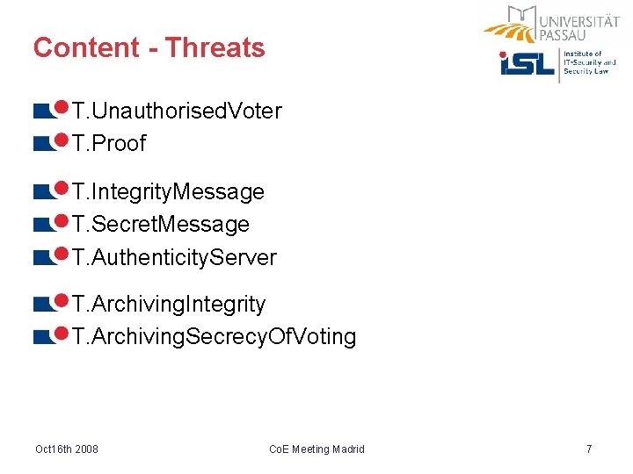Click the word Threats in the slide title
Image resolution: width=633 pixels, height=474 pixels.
pyautogui.click(x=215, y=47)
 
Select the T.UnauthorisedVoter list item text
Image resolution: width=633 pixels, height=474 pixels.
pyautogui.click(x=177, y=111)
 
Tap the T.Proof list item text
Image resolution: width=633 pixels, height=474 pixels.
pyautogui.click(x=109, y=143)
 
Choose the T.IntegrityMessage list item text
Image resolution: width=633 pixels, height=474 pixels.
pyautogui.click(x=168, y=192)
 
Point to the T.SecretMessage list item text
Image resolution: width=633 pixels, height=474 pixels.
pyautogui.click(x=161, y=225)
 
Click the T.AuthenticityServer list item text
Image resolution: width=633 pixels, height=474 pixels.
pyautogui.click(x=174, y=257)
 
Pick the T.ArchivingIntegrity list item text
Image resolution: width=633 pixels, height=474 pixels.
pyautogui.click(x=169, y=305)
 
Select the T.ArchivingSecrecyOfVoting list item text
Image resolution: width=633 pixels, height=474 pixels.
pyautogui.click(x=214, y=337)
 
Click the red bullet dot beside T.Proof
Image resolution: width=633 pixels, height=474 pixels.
pyautogui.click(x=62, y=140)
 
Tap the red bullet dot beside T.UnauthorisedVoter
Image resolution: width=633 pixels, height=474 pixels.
pyautogui.click(x=62, y=107)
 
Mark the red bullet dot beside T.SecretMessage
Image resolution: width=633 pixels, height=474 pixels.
pyautogui.click(x=62, y=220)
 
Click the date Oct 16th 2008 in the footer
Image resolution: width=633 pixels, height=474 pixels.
pyautogui.click(x=67, y=449)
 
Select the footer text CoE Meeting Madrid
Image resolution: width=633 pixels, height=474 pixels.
pyautogui.click(x=316, y=449)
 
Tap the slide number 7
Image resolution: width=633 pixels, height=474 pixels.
pyautogui.click(x=589, y=449)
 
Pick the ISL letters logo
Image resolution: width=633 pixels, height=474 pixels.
pyautogui.click(x=527, y=63)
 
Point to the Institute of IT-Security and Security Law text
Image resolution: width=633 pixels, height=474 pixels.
pyautogui.click(x=589, y=62)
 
